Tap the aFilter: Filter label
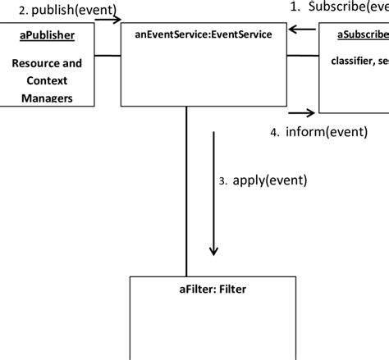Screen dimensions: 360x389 [x=212, y=289]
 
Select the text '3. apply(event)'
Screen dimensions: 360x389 [x=263, y=181]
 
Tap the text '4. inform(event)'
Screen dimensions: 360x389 [x=314, y=131]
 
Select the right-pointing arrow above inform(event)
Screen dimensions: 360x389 [x=301, y=113]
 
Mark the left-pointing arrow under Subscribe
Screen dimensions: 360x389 [x=302, y=30]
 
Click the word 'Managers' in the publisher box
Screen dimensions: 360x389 [x=46, y=98]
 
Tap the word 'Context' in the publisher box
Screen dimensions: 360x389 [x=46, y=81]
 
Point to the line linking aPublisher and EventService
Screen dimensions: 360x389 [x=108, y=55]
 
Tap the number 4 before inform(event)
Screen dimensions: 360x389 [x=274, y=132]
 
